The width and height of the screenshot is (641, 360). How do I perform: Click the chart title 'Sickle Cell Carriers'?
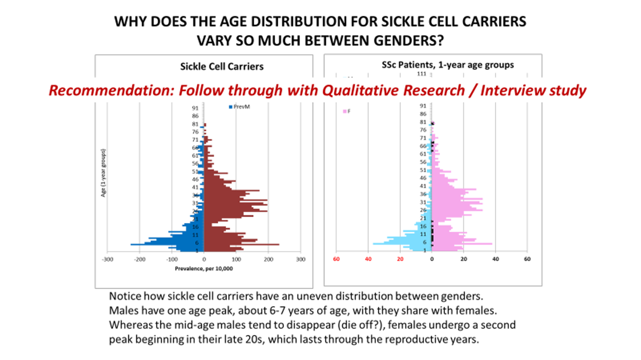tap(221, 66)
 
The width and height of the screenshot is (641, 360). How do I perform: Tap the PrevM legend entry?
tap(241, 106)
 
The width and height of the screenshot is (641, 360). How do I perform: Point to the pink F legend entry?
tap(347, 112)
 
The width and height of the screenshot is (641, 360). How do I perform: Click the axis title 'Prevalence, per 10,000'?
tap(204, 268)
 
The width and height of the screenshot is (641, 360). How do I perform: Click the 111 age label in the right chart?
tap(421, 74)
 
